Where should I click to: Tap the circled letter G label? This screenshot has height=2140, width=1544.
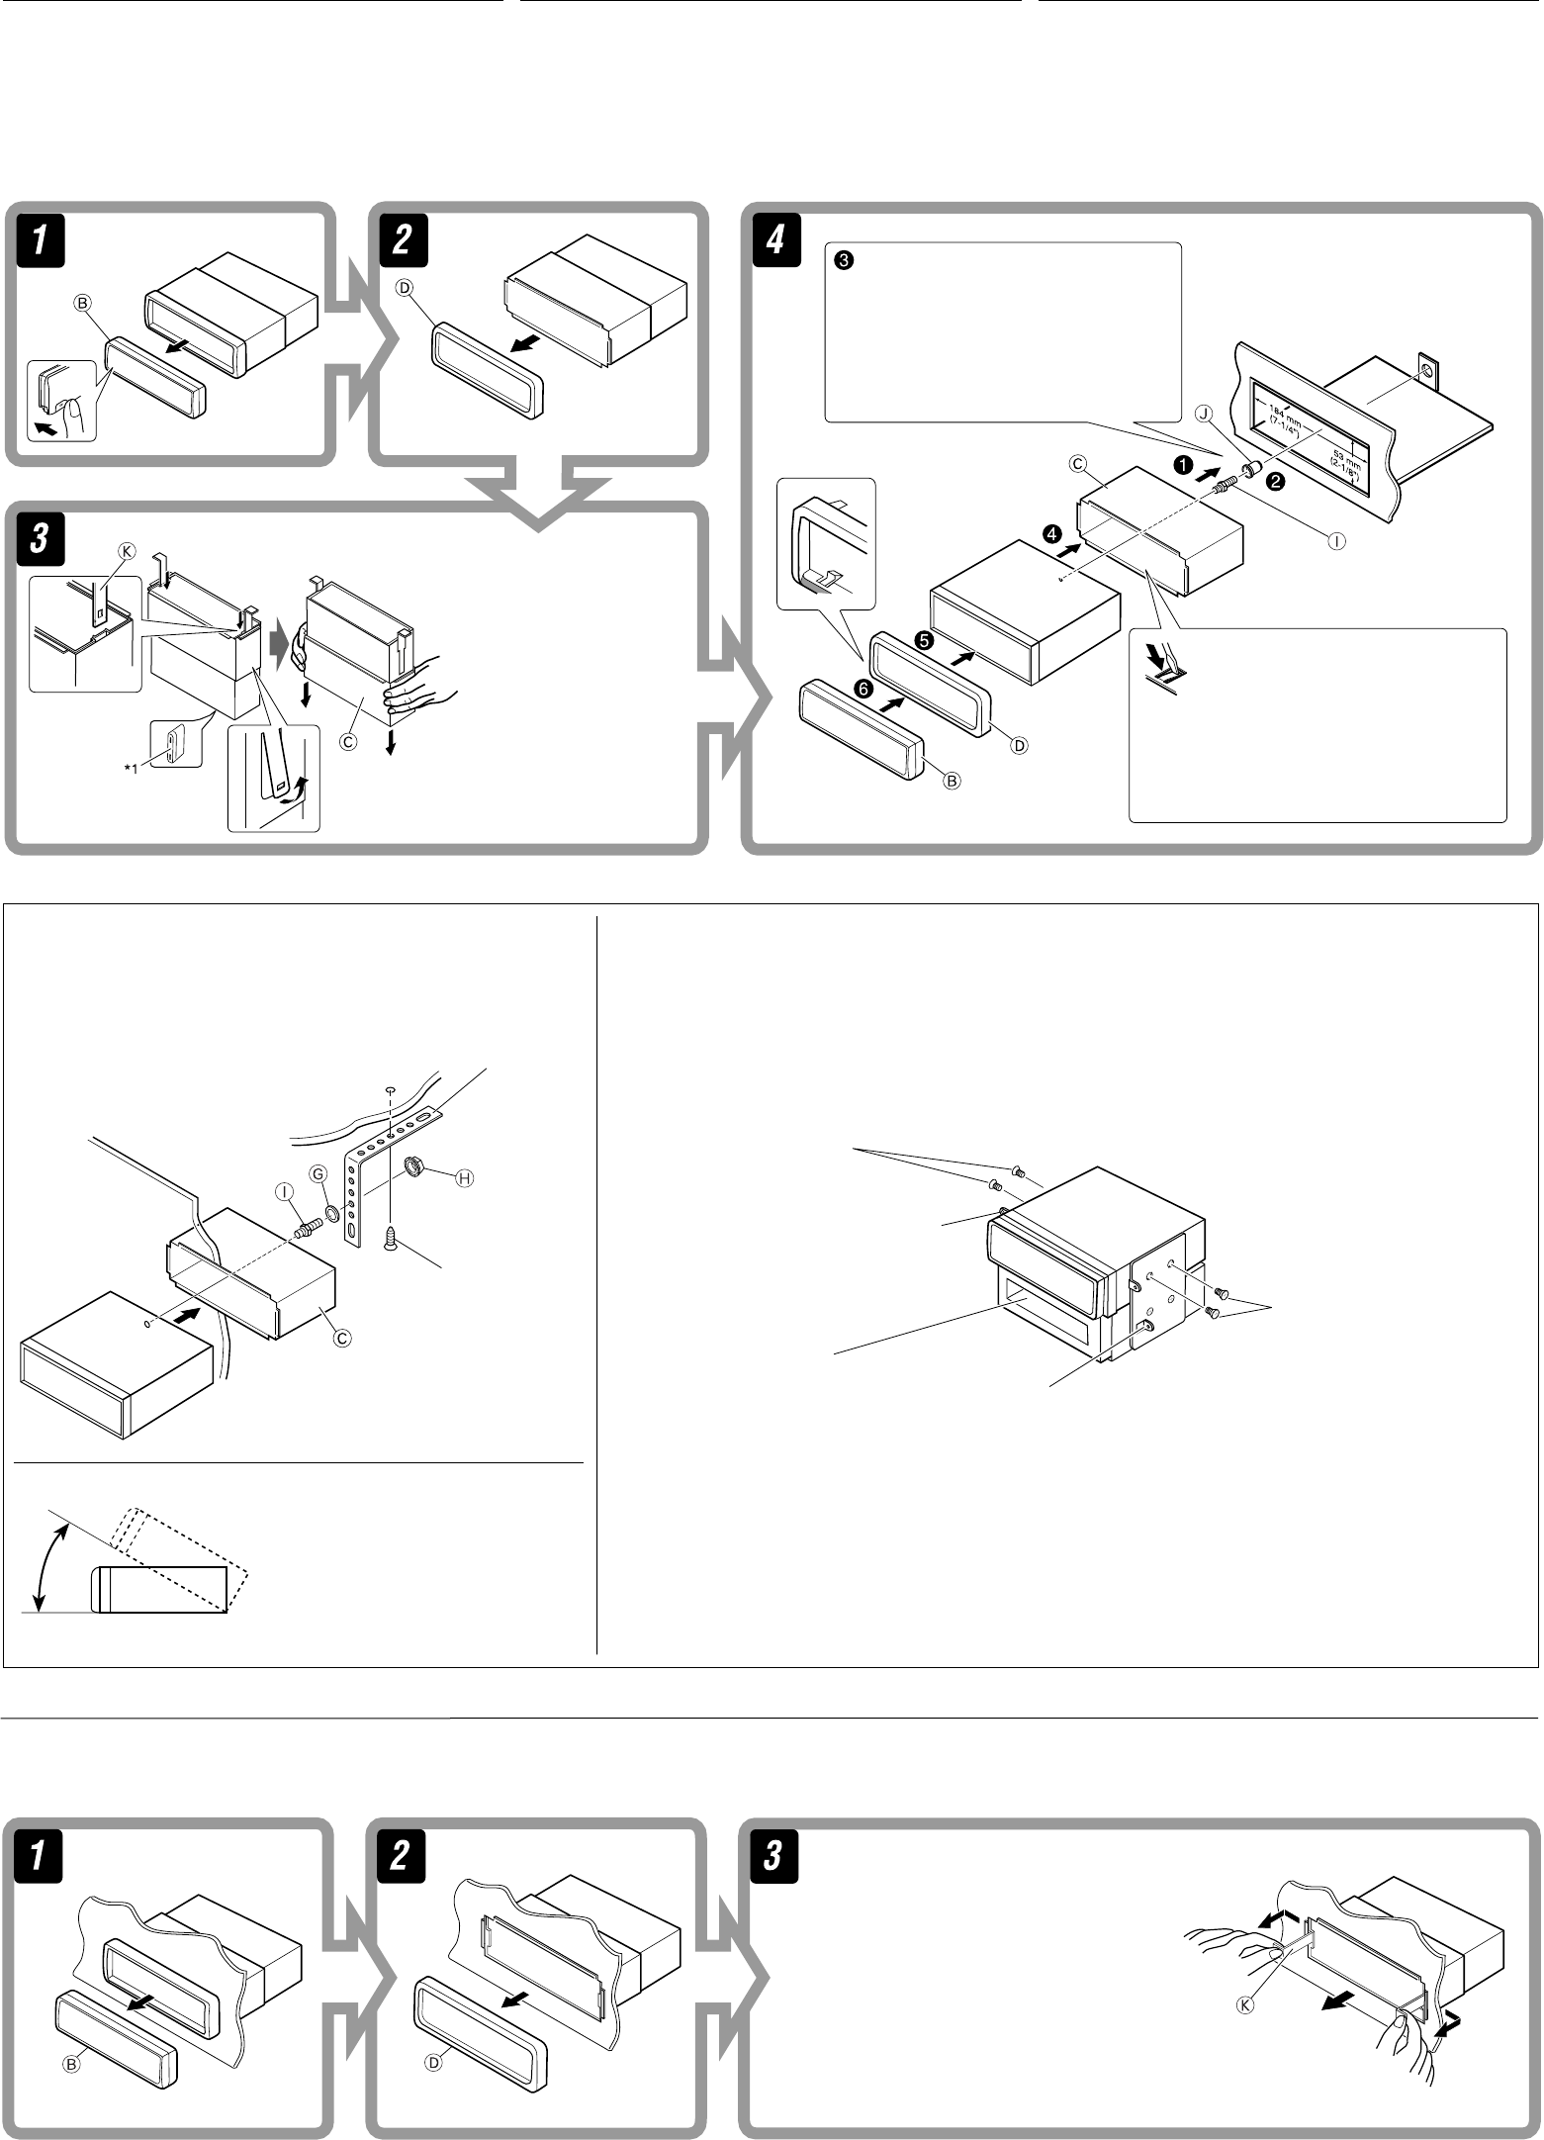[x=318, y=1172]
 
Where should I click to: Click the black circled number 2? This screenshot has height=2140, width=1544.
[x=1276, y=482]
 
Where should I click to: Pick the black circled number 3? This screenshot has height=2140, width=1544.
[x=842, y=261]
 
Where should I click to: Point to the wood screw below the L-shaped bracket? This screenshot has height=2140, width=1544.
[x=392, y=1237]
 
